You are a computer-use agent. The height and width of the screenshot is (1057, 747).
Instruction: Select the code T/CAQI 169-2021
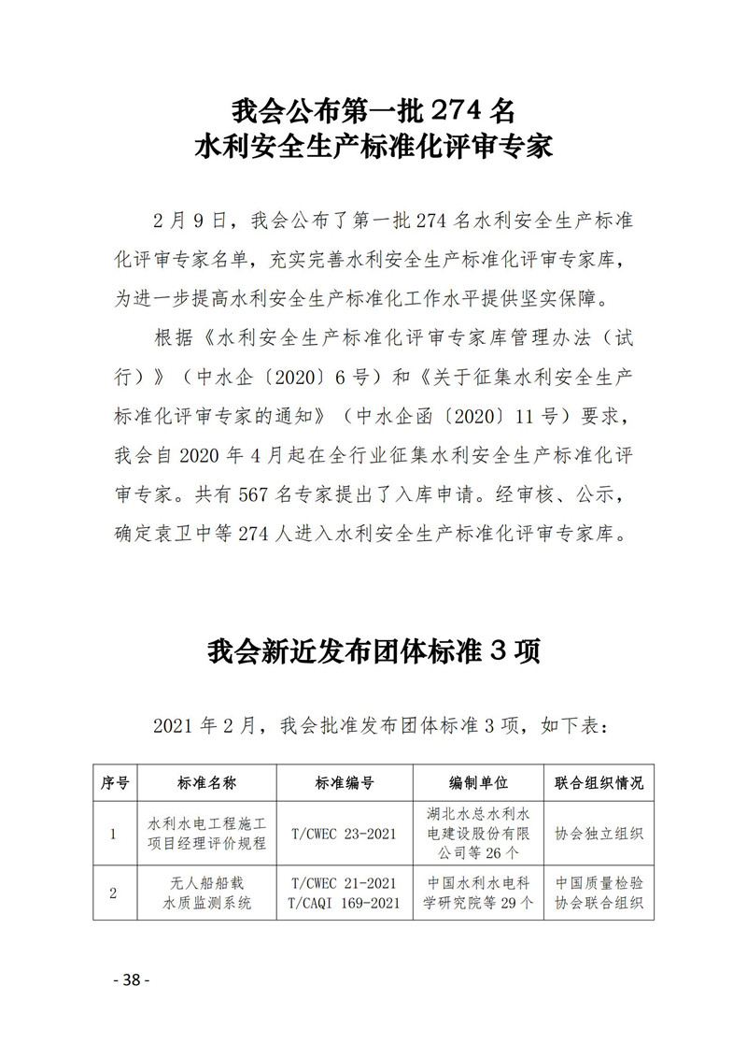click(x=345, y=903)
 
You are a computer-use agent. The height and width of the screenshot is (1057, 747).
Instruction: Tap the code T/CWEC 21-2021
click(x=345, y=883)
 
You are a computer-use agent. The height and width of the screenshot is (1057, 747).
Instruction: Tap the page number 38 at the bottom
click(x=131, y=1007)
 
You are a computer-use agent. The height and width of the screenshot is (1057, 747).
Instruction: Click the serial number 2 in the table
click(x=114, y=893)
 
